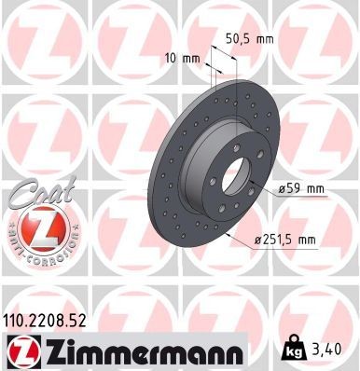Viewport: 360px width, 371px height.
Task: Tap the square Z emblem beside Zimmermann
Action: pos(19,351)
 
